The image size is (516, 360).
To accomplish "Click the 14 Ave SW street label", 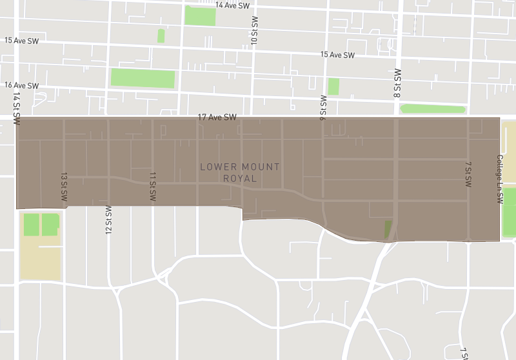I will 232,5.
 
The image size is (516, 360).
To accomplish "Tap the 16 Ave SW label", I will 21,85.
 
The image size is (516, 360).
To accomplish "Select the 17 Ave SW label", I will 217,117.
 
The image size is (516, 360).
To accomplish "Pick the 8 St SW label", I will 397,83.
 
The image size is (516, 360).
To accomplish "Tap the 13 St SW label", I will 64,189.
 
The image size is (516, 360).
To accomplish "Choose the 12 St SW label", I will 108,220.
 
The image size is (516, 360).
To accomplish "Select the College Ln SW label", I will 499,179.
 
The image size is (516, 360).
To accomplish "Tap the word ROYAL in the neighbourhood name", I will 240,179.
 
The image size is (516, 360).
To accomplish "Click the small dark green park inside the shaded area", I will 388,229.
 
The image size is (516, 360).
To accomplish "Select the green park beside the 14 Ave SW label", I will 200,16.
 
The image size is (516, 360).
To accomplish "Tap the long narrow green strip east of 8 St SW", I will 433,108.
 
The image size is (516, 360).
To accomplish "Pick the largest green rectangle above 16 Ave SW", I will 143,78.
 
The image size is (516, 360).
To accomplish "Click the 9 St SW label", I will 323,107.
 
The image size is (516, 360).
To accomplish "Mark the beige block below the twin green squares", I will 40,258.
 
